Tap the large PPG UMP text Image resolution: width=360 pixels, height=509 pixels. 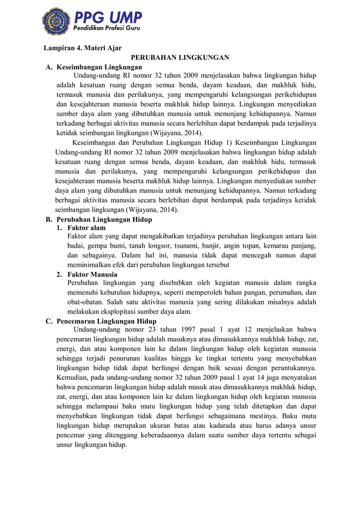(107, 16)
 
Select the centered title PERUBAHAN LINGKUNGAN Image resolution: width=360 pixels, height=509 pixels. (180, 58)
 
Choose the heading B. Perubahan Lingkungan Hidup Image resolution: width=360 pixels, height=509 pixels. (99, 220)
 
